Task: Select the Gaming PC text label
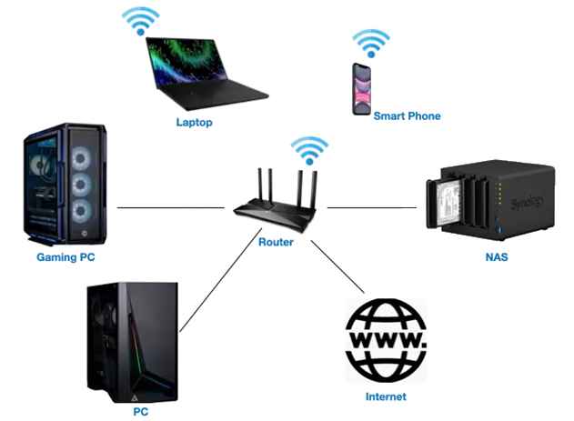point(65,257)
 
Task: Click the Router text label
point(276,243)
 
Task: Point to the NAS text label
point(496,257)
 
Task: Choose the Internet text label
point(385,397)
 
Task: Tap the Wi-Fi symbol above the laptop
point(140,21)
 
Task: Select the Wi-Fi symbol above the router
point(306,149)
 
